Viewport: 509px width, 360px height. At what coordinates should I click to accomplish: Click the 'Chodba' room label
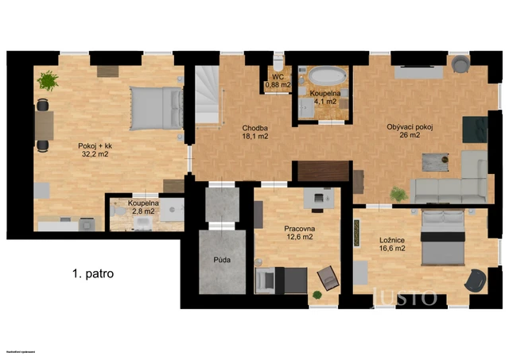click(255, 127)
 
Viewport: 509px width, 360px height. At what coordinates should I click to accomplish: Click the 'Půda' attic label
click(222, 260)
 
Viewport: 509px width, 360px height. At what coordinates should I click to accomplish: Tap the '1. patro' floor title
click(92, 273)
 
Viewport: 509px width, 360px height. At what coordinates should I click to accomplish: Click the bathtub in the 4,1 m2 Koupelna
click(326, 77)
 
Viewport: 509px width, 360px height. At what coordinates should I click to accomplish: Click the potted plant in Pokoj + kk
click(49, 80)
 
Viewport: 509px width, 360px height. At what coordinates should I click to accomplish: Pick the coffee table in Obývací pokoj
click(432, 161)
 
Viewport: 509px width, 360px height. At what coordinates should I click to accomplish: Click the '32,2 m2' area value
click(93, 154)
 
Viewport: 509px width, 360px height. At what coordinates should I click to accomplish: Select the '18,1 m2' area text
click(255, 136)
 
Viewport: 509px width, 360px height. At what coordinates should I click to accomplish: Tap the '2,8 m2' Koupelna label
click(144, 212)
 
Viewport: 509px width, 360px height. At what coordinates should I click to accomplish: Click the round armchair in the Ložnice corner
click(475, 280)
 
